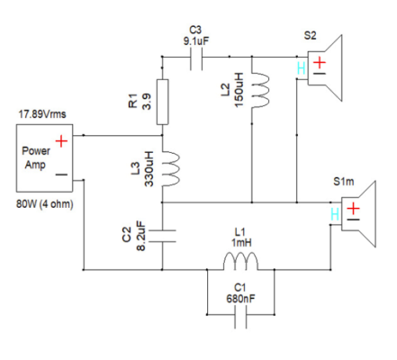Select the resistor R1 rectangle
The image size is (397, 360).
point(162,102)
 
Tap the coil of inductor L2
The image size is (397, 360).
point(260,91)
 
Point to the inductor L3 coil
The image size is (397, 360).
point(170,169)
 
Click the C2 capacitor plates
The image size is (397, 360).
point(162,236)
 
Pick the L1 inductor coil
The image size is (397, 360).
point(240,262)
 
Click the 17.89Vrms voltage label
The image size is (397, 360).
point(42,114)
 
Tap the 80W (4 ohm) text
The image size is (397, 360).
point(45,204)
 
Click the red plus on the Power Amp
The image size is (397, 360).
point(61,141)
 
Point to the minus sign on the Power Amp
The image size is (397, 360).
point(61,175)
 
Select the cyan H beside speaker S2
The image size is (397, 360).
point(301,68)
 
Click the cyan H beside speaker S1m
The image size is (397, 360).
point(335,214)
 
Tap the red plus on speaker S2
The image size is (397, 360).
point(320,63)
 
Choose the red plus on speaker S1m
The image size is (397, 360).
point(354,208)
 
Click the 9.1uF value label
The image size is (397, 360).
point(196,41)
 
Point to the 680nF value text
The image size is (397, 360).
point(241,299)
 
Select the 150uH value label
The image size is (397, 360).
point(239,90)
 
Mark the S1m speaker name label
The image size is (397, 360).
point(344,182)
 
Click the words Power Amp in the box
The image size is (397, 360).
point(36,157)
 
